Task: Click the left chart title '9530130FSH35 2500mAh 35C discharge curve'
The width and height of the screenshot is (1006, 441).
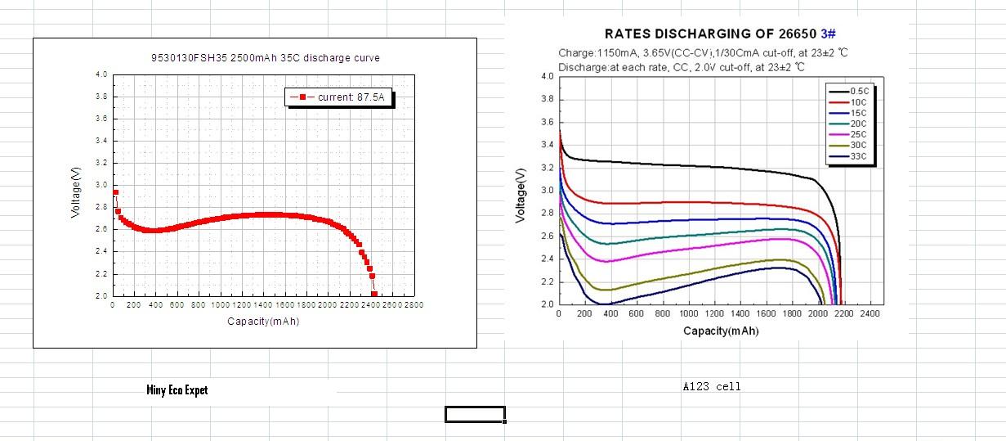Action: pyautogui.click(x=266, y=58)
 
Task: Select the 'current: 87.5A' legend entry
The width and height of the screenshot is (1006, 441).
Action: pyautogui.click(x=339, y=97)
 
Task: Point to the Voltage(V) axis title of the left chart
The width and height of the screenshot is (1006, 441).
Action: pyautogui.click(x=76, y=192)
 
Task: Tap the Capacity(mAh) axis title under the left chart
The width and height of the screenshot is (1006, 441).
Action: pyautogui.click(x=263, y=322)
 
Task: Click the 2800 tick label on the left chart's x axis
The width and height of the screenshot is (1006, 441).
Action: pyautogui.click(x=414, y=305)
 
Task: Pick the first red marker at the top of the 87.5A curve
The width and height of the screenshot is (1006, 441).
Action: pyautogui.click(x=115, y=193)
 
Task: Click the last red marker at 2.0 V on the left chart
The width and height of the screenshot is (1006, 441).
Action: pyautogui.click(x=374, y=294)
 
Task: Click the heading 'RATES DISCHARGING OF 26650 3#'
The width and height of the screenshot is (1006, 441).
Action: pyautogui.click(x=720, y=34)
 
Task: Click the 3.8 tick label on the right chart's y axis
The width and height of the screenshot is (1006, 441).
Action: pyautogui.click(x=547, y=99)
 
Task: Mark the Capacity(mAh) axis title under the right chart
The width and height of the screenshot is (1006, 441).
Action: pyautogui.click(x=721, y=331)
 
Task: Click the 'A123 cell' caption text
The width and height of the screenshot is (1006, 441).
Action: pyautogui.click(x=712, y=387)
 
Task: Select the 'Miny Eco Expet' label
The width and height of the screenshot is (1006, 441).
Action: pyautogui.click(x=177, y=390)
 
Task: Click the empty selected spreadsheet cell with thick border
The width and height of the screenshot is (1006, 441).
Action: pyautogui.click(x=475, y=414)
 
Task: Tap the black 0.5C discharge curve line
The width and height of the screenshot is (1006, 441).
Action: pyautogui.click(x=695, y=166)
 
